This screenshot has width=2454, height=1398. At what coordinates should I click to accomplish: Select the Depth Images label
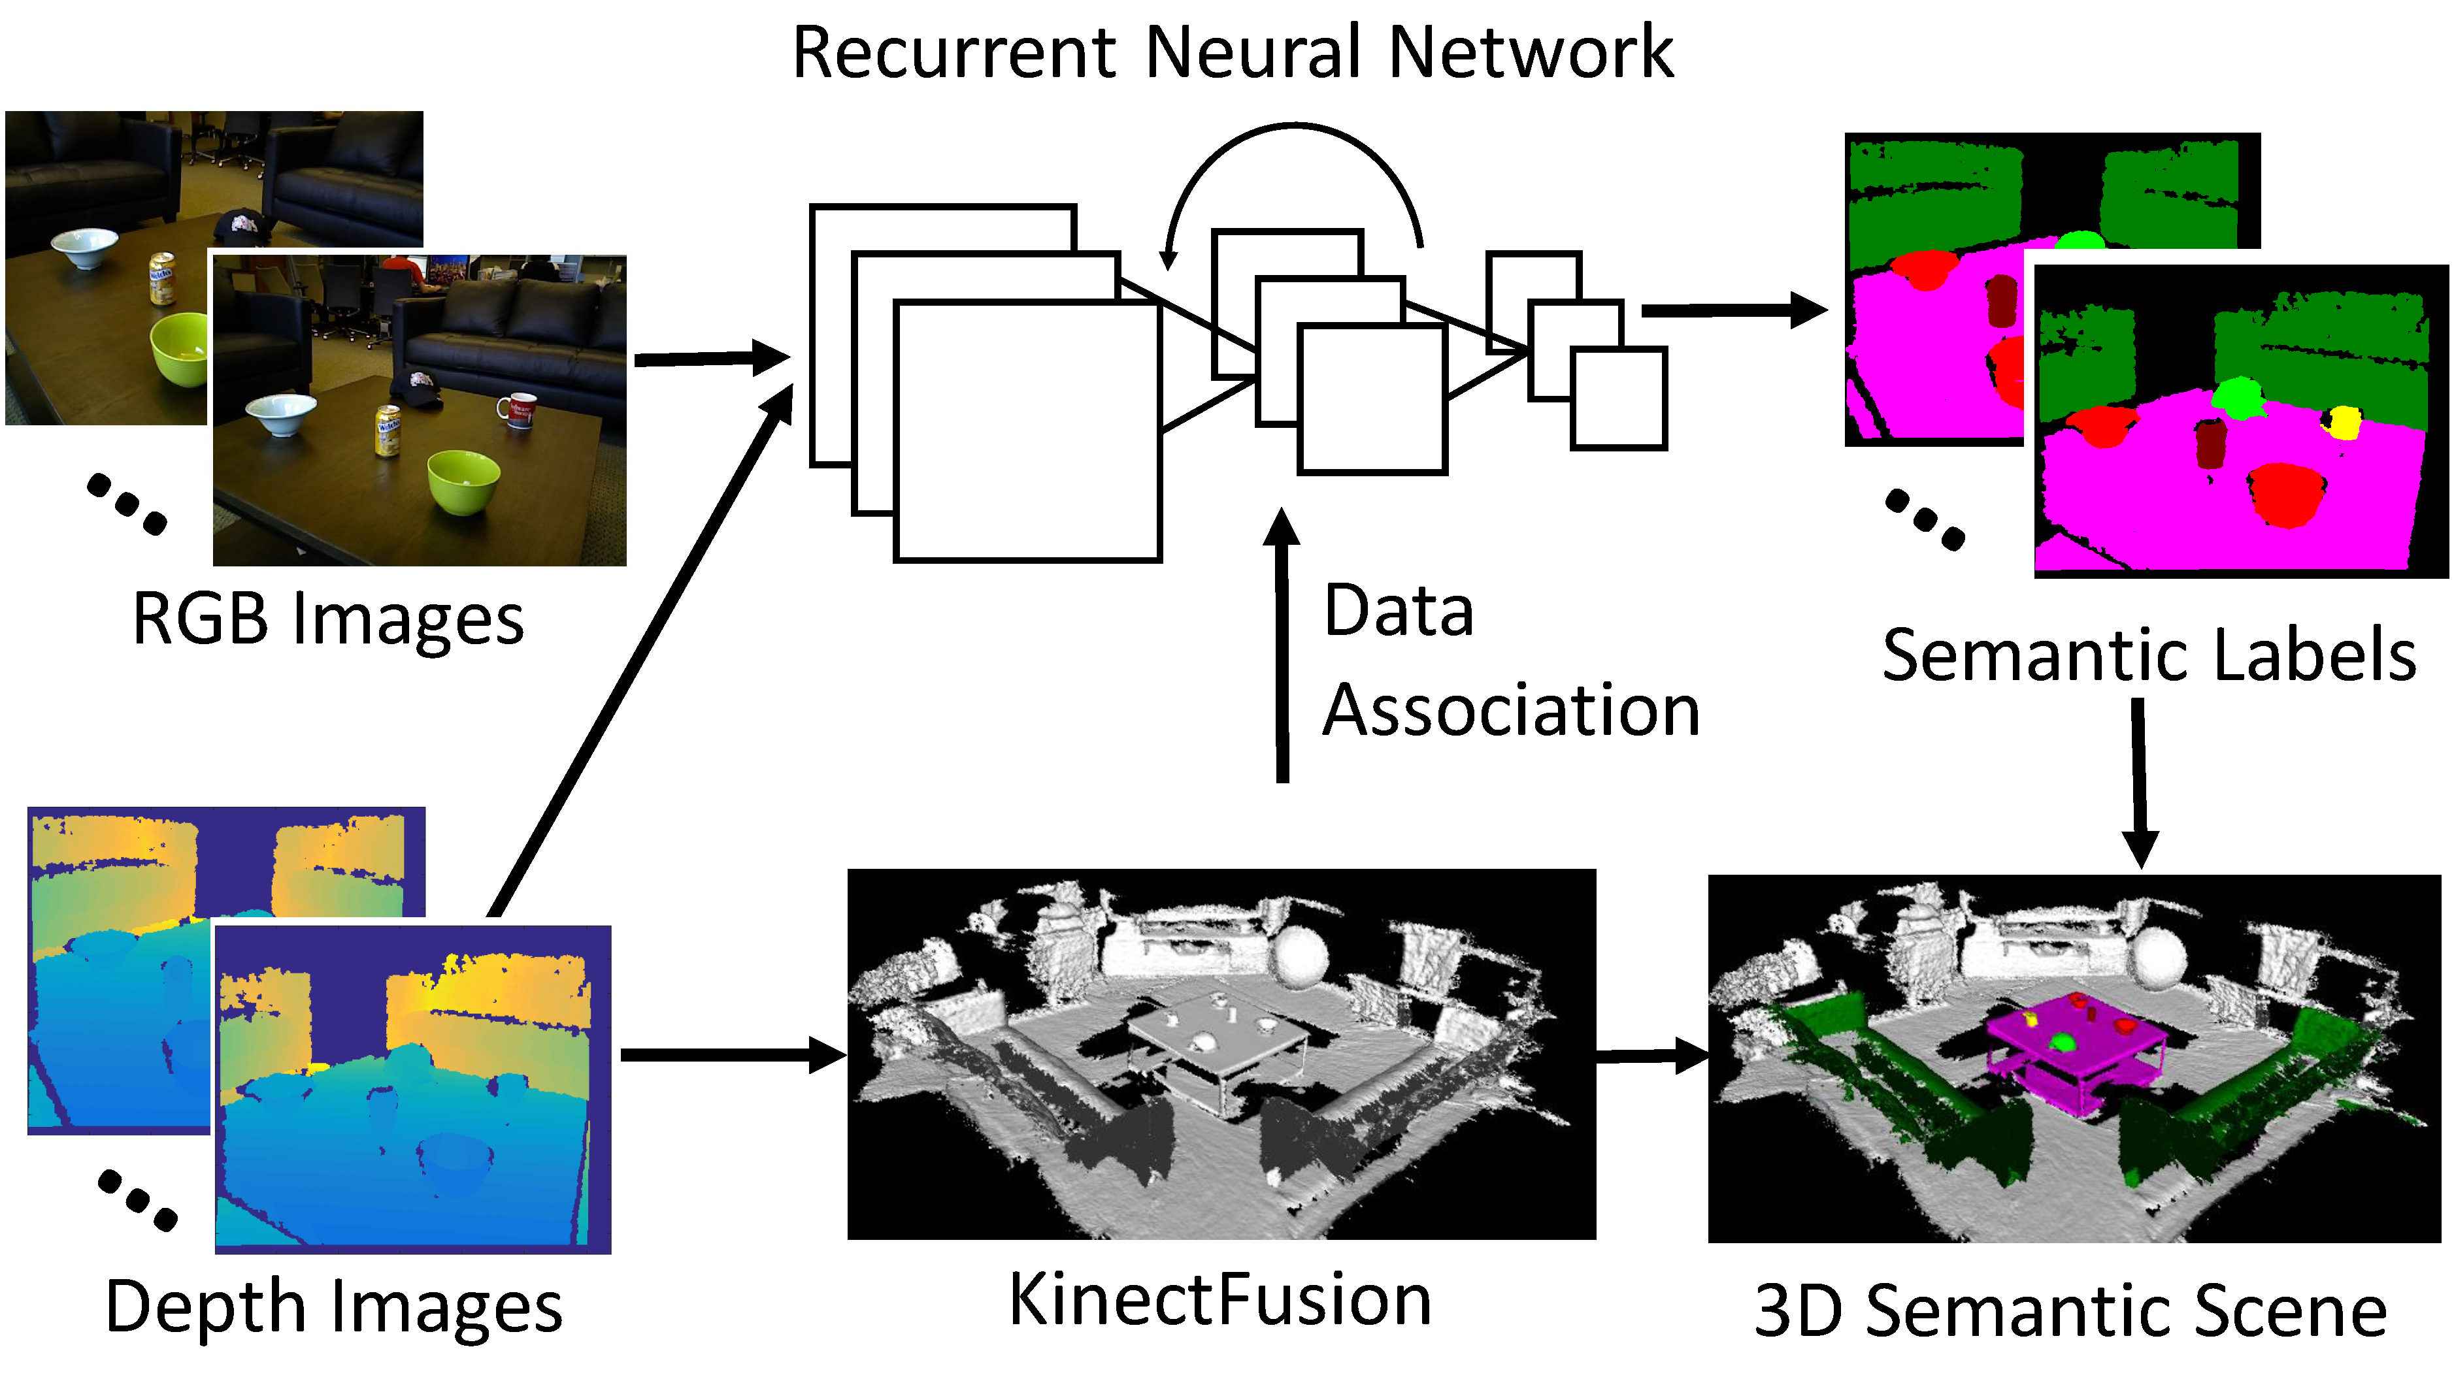coord(333,1308)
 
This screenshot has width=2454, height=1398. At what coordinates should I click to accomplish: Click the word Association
coord(1511,711)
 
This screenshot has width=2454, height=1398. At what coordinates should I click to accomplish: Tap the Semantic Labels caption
coord(2149,656)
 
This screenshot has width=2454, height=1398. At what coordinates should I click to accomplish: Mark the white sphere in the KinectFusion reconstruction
coord(1301,955)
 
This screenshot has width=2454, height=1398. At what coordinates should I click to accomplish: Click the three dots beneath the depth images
coord(137,1199)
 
